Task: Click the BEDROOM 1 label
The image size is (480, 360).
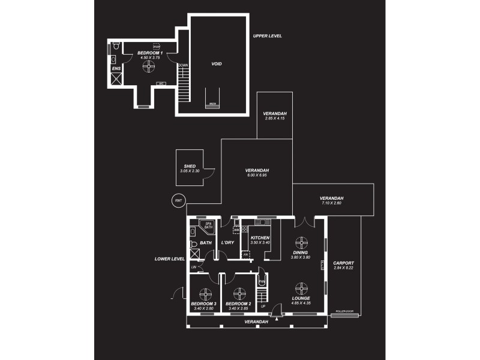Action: [x=150, y=53]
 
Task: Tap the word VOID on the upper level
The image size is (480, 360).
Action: [x=218, y=64]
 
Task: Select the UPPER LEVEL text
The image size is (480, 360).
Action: [x=267, y=36]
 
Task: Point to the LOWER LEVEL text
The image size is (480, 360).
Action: [x=169, y=259]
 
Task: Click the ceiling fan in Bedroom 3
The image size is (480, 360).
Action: [x=205, y=293]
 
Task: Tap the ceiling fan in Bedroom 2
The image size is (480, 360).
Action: [x=239, y=293]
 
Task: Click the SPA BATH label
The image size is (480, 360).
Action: [x=209, y=226]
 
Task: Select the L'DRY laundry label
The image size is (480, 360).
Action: [x=227, y=242]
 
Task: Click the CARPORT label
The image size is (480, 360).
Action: [x=344, y=263]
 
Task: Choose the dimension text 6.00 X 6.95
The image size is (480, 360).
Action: [x=256, y=175]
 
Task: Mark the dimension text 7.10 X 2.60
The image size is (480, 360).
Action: [x=331, y=203]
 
